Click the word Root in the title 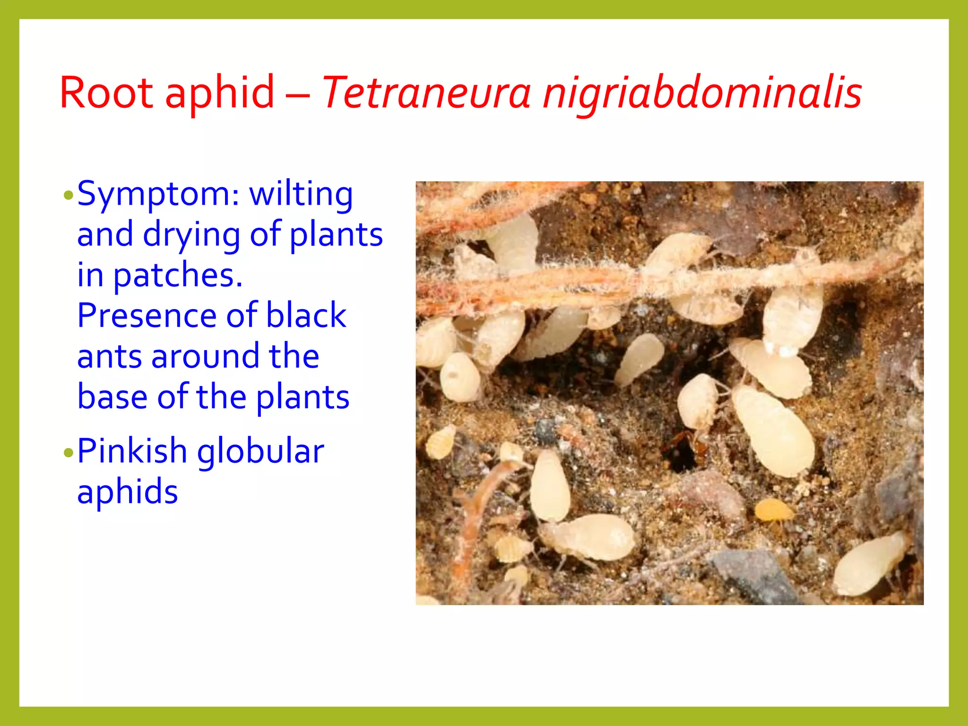click(106, 92)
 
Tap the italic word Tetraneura click(426, 92)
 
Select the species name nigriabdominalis click(702, 92)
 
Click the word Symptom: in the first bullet click(158, 195)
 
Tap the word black click(306, 315)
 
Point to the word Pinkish click(132, 451)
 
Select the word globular click(260, 451)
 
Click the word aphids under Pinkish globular click(127, 492)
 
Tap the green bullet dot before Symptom click(69, 195)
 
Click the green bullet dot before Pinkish click(69, 453)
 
